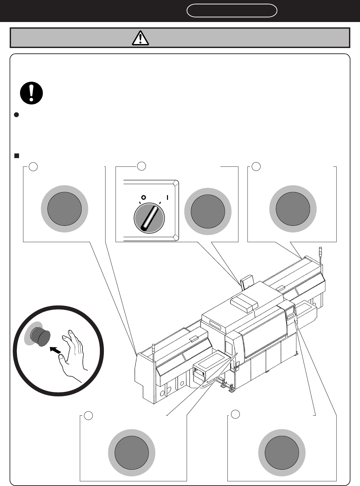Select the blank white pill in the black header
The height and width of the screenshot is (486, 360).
point(232,11)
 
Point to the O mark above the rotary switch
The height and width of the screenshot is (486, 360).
point(143,197)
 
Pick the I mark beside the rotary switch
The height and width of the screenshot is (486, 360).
point(168,197)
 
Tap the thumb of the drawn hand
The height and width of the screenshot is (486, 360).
point(61,359)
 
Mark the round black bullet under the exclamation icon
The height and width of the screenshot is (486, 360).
point(16,115)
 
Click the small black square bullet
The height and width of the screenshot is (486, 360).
point(16,155)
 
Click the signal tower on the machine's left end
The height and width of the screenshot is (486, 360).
point(153,352)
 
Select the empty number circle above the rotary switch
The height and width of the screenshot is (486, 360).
point(142,166)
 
